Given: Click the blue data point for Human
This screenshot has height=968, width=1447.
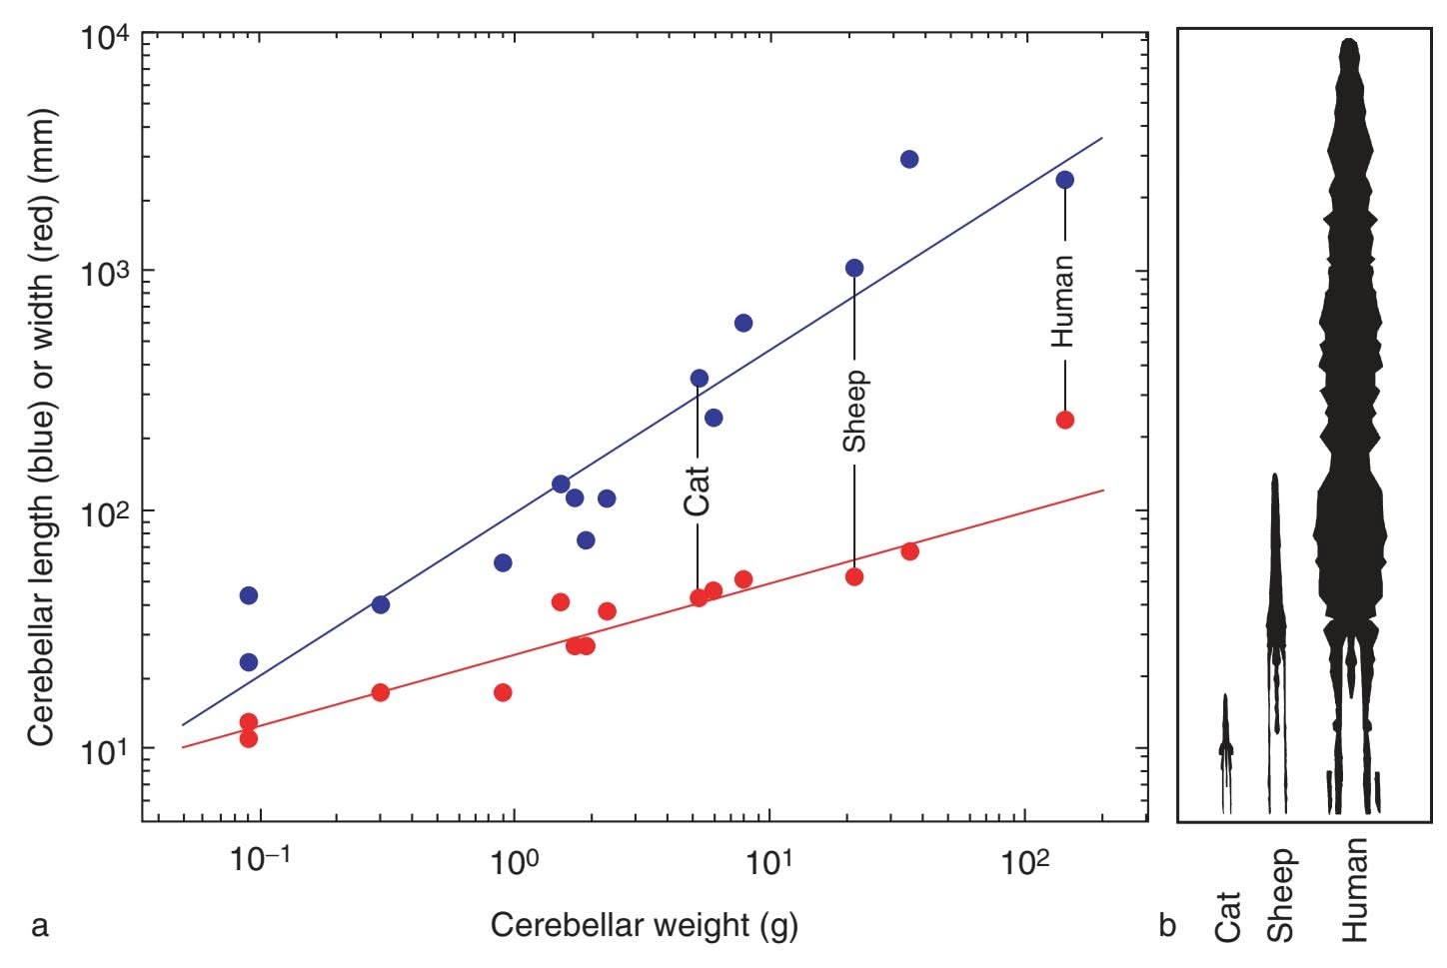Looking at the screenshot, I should (x=1064, y=180).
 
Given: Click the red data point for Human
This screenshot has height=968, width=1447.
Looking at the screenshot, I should (x=1064, y=420).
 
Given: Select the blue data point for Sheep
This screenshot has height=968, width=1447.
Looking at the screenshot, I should (x=854, y=268).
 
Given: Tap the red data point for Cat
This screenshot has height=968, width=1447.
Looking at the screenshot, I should (x=699, y=597).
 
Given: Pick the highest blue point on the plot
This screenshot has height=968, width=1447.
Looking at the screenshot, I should (x=909, y=159).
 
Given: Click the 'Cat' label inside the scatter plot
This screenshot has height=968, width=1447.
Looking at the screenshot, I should (x=697, y=490).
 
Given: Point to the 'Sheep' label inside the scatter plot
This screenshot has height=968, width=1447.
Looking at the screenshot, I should (x=854, y=411).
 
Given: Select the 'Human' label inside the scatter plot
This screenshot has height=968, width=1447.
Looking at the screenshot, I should (x=1063, y=301).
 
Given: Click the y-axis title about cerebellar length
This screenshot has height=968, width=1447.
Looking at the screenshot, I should (x=42, y=427).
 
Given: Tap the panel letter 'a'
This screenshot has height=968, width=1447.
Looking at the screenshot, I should (x=40, y=926).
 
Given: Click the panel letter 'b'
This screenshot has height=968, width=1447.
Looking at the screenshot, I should (x=1167, y=926).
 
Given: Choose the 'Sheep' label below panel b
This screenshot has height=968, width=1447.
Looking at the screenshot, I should (x=1281, y=896).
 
